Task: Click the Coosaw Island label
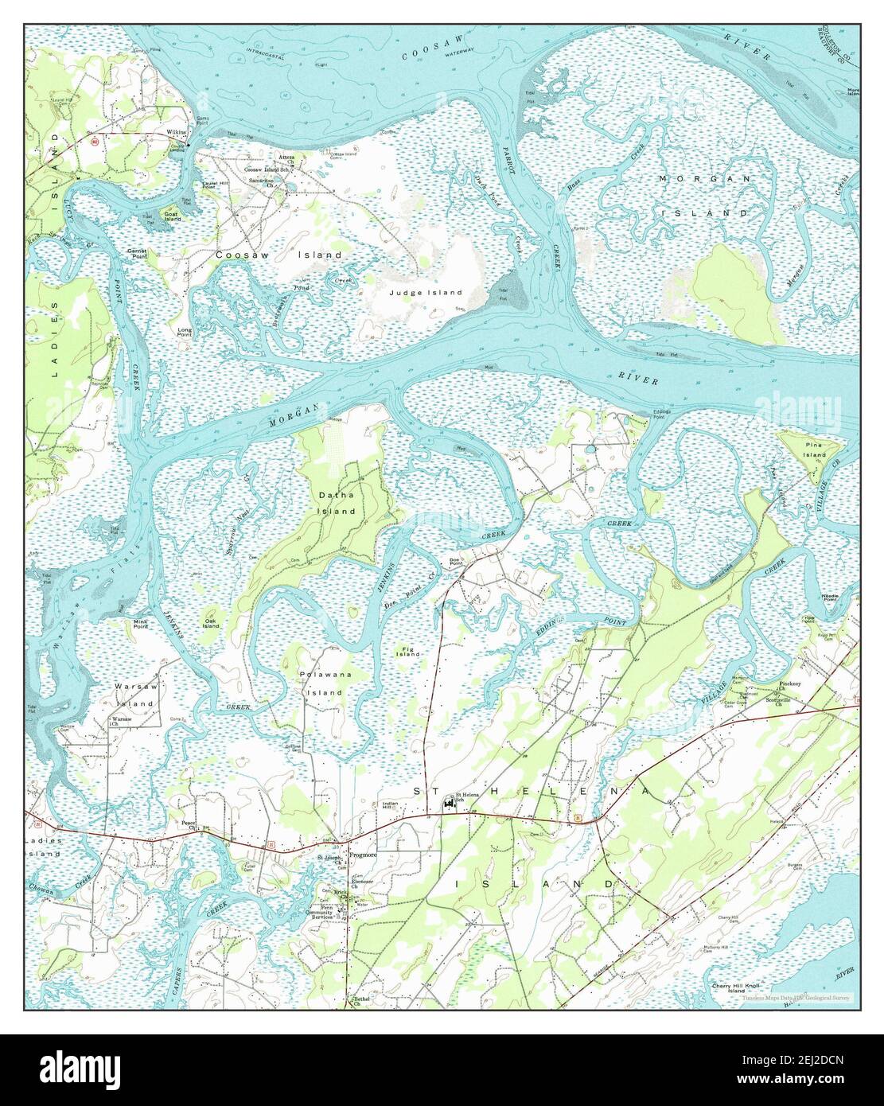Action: [x=278, y=255]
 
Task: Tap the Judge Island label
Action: [x=426, y=293]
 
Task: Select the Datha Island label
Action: [x=337, y=503]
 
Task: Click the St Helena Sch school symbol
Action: [x=447, y=805]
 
